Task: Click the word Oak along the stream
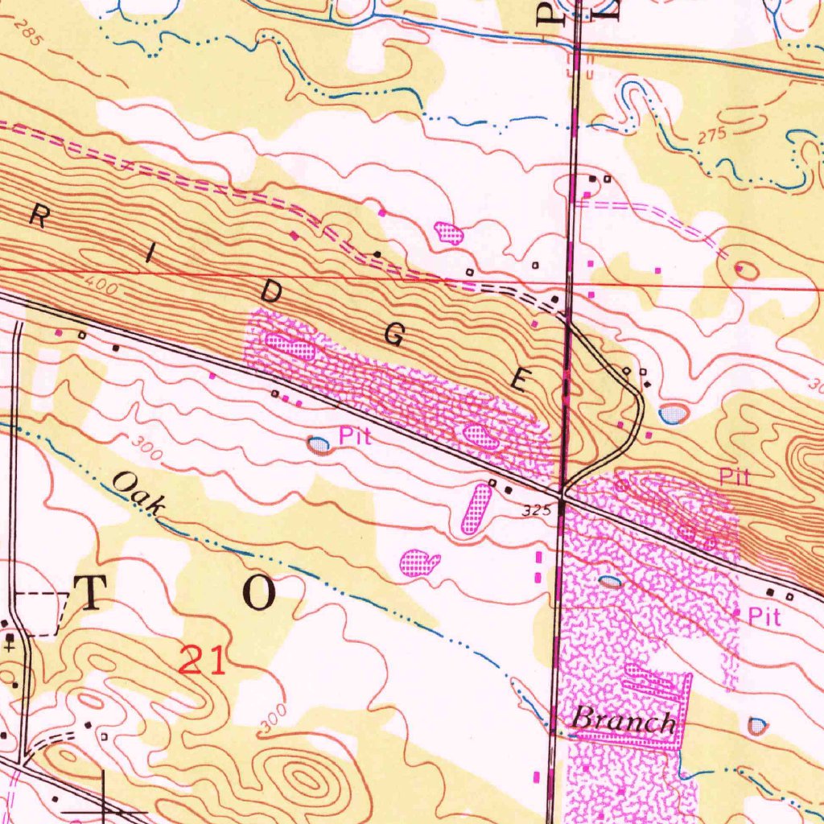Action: click(139, 492)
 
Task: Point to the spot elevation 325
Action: click(535, 510)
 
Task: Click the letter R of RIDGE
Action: click(38, 215)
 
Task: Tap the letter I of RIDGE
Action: click(150, 256)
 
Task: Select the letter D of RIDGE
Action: click(271, 295)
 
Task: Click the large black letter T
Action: click(90, 593)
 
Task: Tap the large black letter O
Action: click(259, 593)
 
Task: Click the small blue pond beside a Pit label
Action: click(319, 443)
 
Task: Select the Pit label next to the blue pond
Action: click(354, 437)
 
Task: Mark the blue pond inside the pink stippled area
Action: click(611, 581)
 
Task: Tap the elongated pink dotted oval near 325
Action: click(476, 509)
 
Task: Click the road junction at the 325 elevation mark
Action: click(562, 500)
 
